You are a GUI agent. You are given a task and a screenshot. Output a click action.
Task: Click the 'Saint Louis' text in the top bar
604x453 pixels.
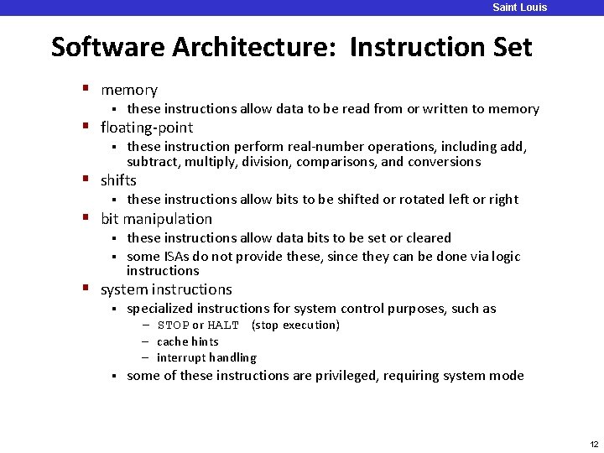click(519, 8)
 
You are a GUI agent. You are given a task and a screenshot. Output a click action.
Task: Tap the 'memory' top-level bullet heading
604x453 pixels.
click(128, 90)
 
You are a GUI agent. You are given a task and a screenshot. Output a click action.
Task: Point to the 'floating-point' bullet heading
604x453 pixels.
click(146, 128)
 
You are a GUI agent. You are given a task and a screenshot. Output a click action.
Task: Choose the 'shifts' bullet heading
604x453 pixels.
click(118, 180)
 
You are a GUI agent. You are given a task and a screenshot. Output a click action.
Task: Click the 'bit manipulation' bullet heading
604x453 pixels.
click(156, 219)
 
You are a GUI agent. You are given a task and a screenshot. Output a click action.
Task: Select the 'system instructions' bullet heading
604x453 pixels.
click(166, 289)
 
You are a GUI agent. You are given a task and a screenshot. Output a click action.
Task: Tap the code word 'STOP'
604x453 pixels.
click(173, 325)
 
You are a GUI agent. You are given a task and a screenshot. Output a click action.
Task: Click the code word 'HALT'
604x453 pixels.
click(223, 325)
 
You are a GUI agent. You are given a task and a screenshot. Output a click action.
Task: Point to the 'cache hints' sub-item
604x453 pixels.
click(187, 341)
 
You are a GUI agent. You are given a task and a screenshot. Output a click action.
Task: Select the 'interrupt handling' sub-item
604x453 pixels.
click(206, 357)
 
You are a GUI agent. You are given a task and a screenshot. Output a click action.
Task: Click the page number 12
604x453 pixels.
click(594, 444)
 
